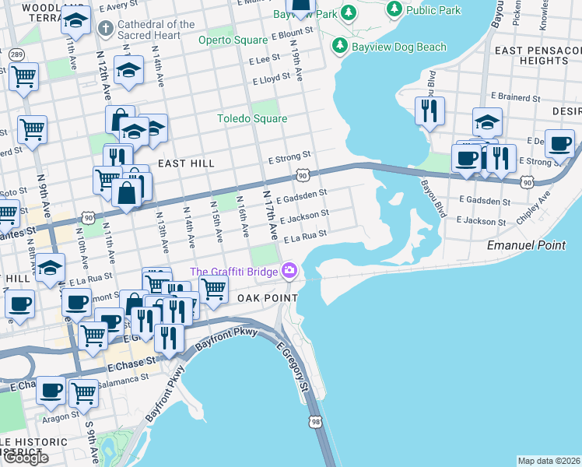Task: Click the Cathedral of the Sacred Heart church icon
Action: coord(105,30)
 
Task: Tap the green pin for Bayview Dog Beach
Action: coord(339,47)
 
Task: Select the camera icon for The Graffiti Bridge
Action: coord(289,271)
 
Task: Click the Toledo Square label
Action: coord(252,118)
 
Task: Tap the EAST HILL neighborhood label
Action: coord(186,163)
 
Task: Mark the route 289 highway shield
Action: coord(16,54)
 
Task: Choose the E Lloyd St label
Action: coord(271,79)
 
